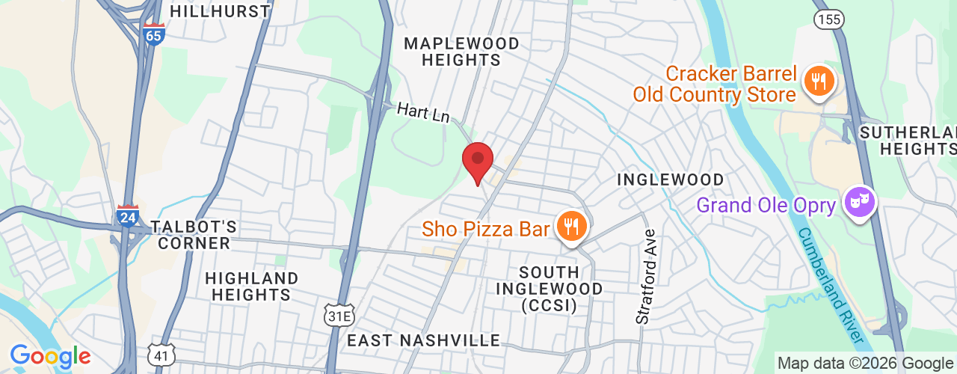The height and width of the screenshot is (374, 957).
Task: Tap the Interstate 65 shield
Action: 153,34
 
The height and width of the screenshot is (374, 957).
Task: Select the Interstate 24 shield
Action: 127,217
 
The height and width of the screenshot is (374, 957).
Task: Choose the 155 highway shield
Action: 829,19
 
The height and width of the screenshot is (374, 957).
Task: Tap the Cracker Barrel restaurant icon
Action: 819,81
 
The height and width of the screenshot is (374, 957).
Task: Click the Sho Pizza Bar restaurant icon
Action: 572,226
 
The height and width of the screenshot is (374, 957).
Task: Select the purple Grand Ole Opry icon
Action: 860,201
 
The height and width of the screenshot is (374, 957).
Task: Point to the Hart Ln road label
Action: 423,113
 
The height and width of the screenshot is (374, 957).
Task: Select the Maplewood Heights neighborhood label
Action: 461,52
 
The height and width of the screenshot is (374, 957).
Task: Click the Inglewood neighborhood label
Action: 670,180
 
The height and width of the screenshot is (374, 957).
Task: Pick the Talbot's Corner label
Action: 194,235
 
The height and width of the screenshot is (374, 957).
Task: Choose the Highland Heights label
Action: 251,286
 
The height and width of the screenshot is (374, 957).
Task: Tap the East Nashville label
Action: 423,341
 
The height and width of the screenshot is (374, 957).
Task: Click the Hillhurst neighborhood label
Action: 220,11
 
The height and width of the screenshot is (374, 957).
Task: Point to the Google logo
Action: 50,356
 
